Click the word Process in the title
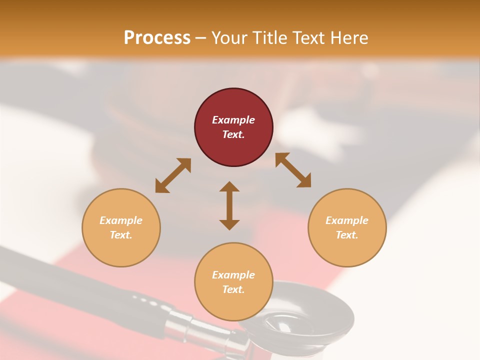point(157,37)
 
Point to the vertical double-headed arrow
point(229,205)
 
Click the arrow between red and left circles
point(173,175)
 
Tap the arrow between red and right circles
point(293,170)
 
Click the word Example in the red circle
point(233,120)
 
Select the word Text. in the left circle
point(121,235)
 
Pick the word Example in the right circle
point(347,220)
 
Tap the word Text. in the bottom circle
point(233,289)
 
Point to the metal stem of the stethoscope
point(195,325)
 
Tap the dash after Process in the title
point(201,38)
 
